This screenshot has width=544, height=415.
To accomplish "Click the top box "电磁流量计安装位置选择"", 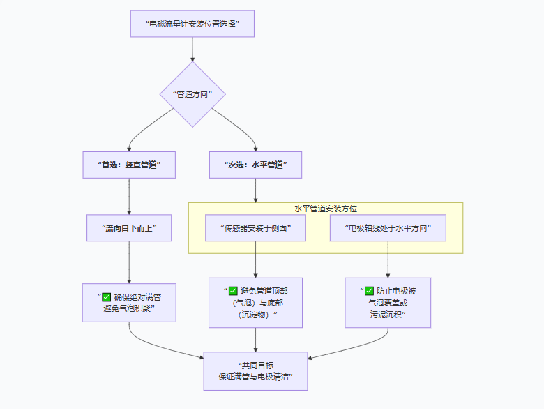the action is [192, 24].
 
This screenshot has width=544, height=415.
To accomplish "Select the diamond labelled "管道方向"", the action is [192, 94].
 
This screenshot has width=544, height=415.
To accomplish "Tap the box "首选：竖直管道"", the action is [129, 165].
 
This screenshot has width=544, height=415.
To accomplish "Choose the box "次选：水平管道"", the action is [256, 165].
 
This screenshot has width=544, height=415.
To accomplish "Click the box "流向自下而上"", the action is [129, 228].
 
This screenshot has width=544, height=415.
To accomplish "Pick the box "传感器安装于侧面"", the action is [256, 228].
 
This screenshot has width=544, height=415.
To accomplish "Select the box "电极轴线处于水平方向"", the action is [388, 228].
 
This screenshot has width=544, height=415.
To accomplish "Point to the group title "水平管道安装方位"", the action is [326, 209].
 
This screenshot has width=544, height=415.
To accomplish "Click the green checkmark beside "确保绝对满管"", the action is [106, 297].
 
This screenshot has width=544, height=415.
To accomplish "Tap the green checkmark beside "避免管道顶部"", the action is [233, 291].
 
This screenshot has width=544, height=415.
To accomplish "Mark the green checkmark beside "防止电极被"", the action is [370, 291].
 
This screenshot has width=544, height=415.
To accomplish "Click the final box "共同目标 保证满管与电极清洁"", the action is [256, 371].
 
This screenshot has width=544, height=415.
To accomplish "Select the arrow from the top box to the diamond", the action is [192, 50].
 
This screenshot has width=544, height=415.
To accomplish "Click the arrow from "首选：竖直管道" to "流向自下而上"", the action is [129, 197].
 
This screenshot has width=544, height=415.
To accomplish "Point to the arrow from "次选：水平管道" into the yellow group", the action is [256, 190].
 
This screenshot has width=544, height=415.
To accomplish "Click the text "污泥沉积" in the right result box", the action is [386, 315].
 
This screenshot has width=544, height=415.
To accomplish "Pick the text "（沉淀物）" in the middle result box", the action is [254, 315].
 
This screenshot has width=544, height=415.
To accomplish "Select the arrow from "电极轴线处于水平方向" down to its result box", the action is [388, 259].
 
